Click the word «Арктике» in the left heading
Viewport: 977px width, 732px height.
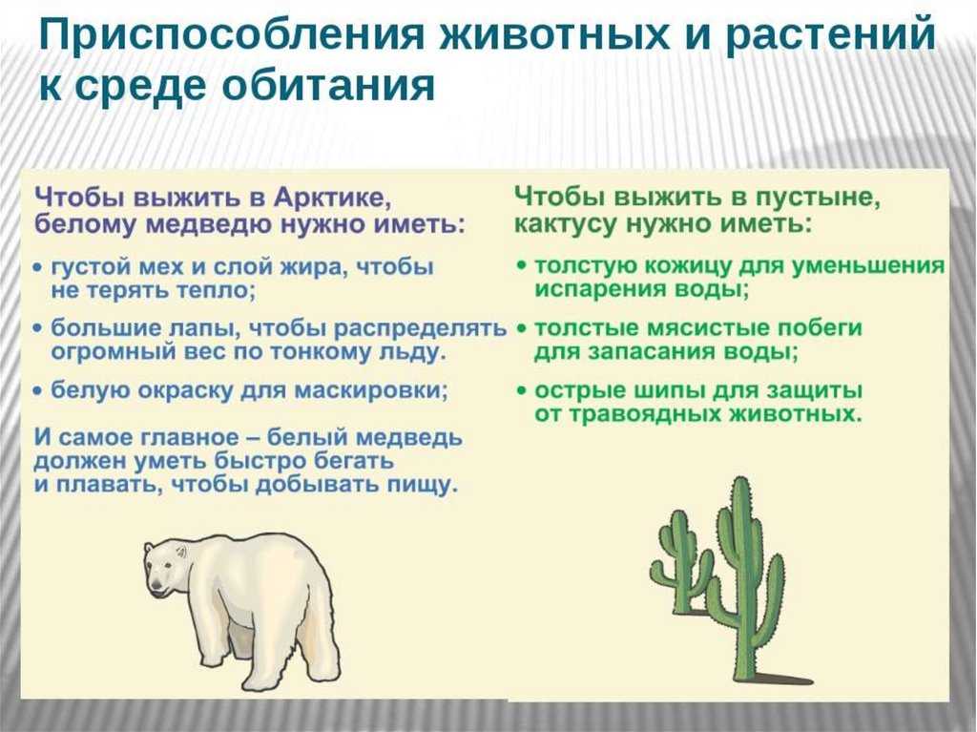(x=331, y=199)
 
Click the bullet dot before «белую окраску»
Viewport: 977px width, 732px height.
(x=38, y=391)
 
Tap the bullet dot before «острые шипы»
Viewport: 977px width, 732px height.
(x=522, y=391)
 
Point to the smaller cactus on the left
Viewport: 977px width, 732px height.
(x=682, y=560)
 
